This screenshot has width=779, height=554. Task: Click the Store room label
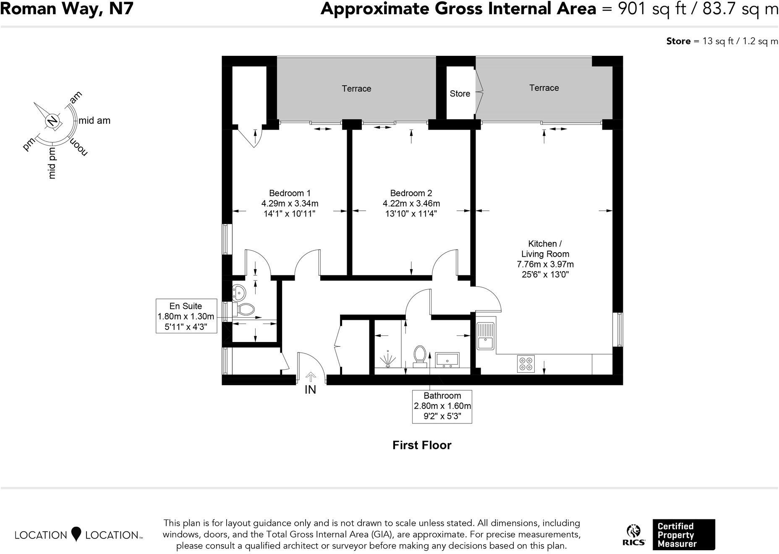click(x=460, y=94)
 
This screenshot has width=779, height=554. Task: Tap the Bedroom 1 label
click(x=290, y=193)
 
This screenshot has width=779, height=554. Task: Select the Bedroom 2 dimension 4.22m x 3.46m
click(x=411, y=204)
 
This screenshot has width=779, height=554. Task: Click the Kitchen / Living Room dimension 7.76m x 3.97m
click(x=545, y=264)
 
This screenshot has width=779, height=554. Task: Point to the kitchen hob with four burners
click(x=526, y=363)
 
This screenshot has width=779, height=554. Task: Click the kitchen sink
click(x=486, y=336)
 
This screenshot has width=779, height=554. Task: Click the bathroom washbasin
click(x=447, y=360)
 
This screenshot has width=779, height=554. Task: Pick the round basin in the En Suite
click(x=239, y=292)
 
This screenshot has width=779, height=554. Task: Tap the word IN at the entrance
click(x=310, y=390)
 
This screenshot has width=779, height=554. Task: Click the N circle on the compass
click(x=52, y=121)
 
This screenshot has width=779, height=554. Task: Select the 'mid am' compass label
click(x=94, y=121)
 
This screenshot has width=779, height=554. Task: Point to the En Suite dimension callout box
click(x=186, y=316)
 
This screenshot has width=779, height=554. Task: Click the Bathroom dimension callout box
click(x=442, y=406)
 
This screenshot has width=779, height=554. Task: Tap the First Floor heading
click(x=421, y=445)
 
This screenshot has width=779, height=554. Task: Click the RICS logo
click(x=634, y=535)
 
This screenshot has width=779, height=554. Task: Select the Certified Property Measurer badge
click(x=683, y=535)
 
